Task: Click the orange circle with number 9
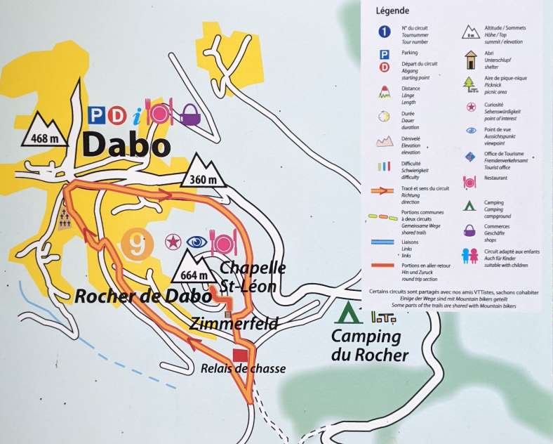tap(137, 245)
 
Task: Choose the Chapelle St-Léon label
tap(253, 277)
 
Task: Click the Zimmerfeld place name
tap(234, 323)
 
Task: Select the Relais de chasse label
tap(243, 368)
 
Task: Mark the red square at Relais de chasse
tap(241, 353)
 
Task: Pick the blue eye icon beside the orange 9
tap(196, 243)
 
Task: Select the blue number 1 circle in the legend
tap(384, 31)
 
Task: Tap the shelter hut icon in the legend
tap(469, 58)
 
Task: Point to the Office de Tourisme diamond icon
tap(469, 157)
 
